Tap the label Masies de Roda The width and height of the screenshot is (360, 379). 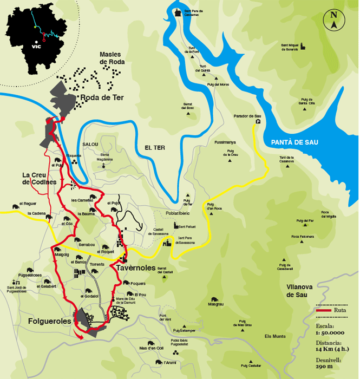[x=112, y=58]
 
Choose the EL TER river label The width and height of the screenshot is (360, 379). [x=155, y=147]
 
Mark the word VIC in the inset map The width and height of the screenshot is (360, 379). [x=37, y=47]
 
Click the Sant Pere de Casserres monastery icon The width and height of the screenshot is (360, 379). [x=178, y=12]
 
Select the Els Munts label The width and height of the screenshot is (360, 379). [x=275, y=336]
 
